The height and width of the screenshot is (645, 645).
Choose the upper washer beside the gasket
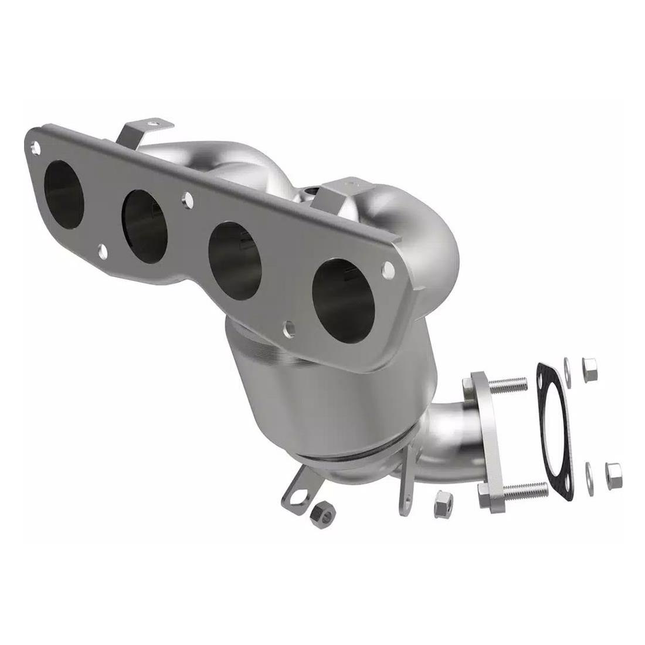click(567, 366)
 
